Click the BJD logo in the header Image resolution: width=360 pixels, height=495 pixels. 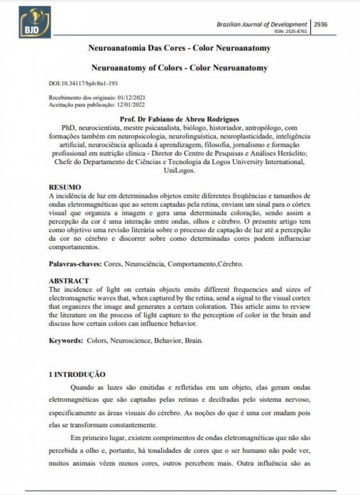(x=34, y=22)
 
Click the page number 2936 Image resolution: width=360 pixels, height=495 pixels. (x=321, y=25)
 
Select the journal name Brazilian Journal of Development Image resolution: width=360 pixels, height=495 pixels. (x=262, y=25)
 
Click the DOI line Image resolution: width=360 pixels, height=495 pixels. (x=83, y=83)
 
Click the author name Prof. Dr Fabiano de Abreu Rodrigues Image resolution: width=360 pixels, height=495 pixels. (x=179, y=119)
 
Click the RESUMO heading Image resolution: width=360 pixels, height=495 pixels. (x=65, y=187)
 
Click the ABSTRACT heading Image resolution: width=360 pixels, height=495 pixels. (x=69, y=281)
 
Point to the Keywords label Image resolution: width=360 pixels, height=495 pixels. (x=65, y=340)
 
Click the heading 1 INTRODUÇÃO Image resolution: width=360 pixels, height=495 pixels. (x=76, y=374)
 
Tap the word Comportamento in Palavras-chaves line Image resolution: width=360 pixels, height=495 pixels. (x=187, y=263)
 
